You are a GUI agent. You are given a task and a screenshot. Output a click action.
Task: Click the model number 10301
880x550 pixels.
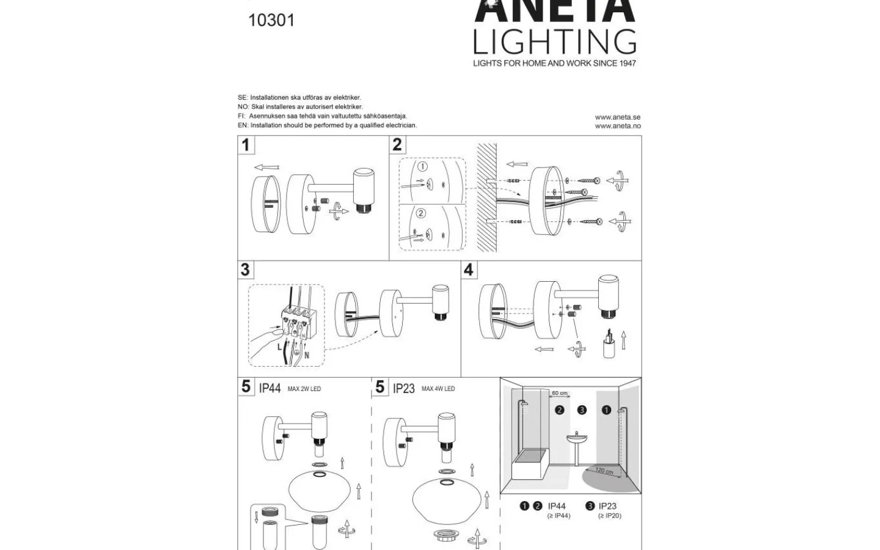[x=271, y=20]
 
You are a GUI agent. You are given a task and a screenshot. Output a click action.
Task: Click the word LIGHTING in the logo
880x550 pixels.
[x=555, y=42]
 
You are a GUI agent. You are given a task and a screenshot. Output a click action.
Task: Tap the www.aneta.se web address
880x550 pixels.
[x=617, y=117]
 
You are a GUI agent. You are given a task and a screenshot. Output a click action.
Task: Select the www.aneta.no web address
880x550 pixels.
[x=617, y=126]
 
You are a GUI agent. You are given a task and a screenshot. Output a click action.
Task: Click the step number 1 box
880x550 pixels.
[x=246, y=145]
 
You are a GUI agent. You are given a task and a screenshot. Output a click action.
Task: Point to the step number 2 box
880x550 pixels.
[x=397, y=145]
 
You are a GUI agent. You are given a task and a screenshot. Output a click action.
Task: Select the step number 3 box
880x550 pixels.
[x=246, y=269]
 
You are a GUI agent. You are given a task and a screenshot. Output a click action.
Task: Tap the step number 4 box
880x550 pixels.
[x=469, y=269]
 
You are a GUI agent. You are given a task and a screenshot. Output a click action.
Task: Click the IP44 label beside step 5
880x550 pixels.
[x=269, y=389]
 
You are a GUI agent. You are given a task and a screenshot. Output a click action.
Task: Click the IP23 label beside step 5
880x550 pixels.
[x=403, y=389]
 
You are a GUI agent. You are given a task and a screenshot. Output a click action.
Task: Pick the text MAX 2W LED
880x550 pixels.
[x=304, y=389]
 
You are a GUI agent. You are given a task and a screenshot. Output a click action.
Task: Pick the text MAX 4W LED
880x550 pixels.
[x=438, y=389]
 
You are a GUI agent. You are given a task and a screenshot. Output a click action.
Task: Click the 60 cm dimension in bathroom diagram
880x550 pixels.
[x=559, y=394]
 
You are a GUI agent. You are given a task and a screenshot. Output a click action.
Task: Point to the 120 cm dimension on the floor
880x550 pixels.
[x=604, y=471]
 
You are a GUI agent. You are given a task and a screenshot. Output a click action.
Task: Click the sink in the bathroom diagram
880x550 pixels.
[x=576, y=438]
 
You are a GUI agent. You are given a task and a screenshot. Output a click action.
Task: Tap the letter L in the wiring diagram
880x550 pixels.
[x=280, y=347]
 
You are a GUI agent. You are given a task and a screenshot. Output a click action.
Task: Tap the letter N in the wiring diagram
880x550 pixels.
[x=306, y=354]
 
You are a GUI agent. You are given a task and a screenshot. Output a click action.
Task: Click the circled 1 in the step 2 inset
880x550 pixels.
[x=423, y=167]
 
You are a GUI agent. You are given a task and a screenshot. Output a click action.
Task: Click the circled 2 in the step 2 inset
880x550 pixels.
[x=420, y=213]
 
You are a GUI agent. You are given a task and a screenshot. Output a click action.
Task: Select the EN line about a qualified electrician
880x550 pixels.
[x=327, y=125]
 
